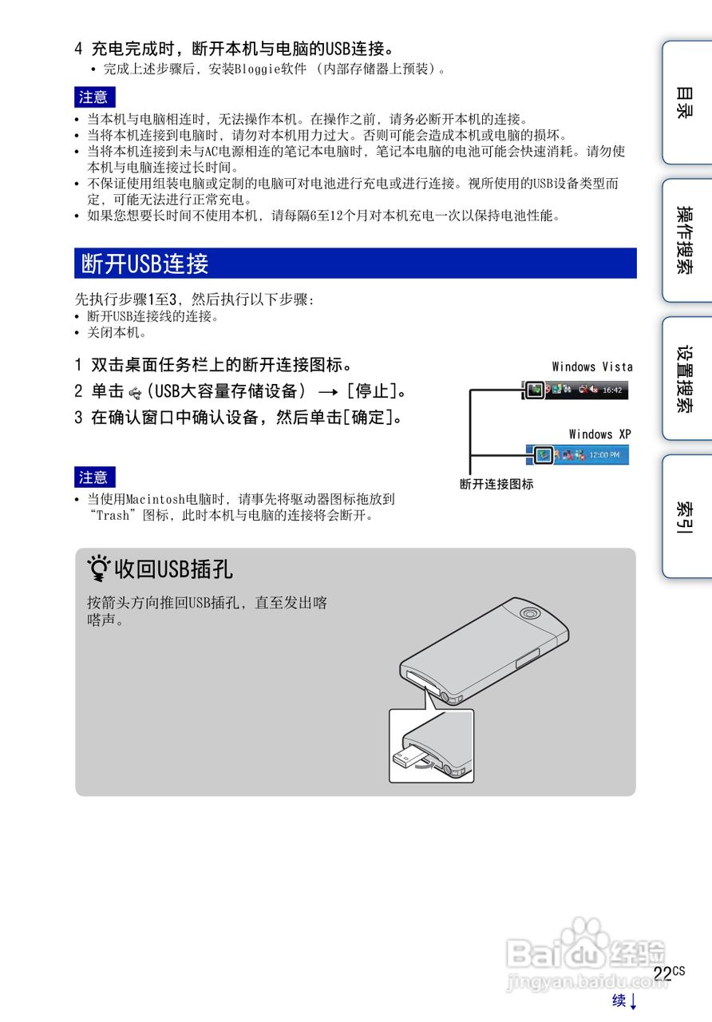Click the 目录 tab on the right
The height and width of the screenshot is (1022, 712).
click(x=685, y=102)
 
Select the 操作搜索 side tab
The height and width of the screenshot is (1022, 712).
click(x=685, y=240)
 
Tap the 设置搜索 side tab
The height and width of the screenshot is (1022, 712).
click(x=685, y=378)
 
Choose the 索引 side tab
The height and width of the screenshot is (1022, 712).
click(x=685, y=517)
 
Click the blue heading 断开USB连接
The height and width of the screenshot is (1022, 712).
click(x=144, y=263)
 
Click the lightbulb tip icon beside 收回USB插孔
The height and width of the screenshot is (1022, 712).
click(x=100, y=569)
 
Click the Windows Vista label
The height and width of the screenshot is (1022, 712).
click(x=592, y=367)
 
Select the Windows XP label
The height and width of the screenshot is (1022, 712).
click(x=600, y=434)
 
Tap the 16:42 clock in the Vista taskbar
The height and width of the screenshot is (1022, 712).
click(x=612, y=390)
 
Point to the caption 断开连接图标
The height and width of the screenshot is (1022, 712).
click(x=496, y=484)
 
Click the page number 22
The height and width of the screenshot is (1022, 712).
click(x=662, y=973)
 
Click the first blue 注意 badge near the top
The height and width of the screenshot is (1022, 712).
click(x=94, y=97)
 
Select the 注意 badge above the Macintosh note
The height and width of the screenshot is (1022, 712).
click(x=94, y=477)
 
